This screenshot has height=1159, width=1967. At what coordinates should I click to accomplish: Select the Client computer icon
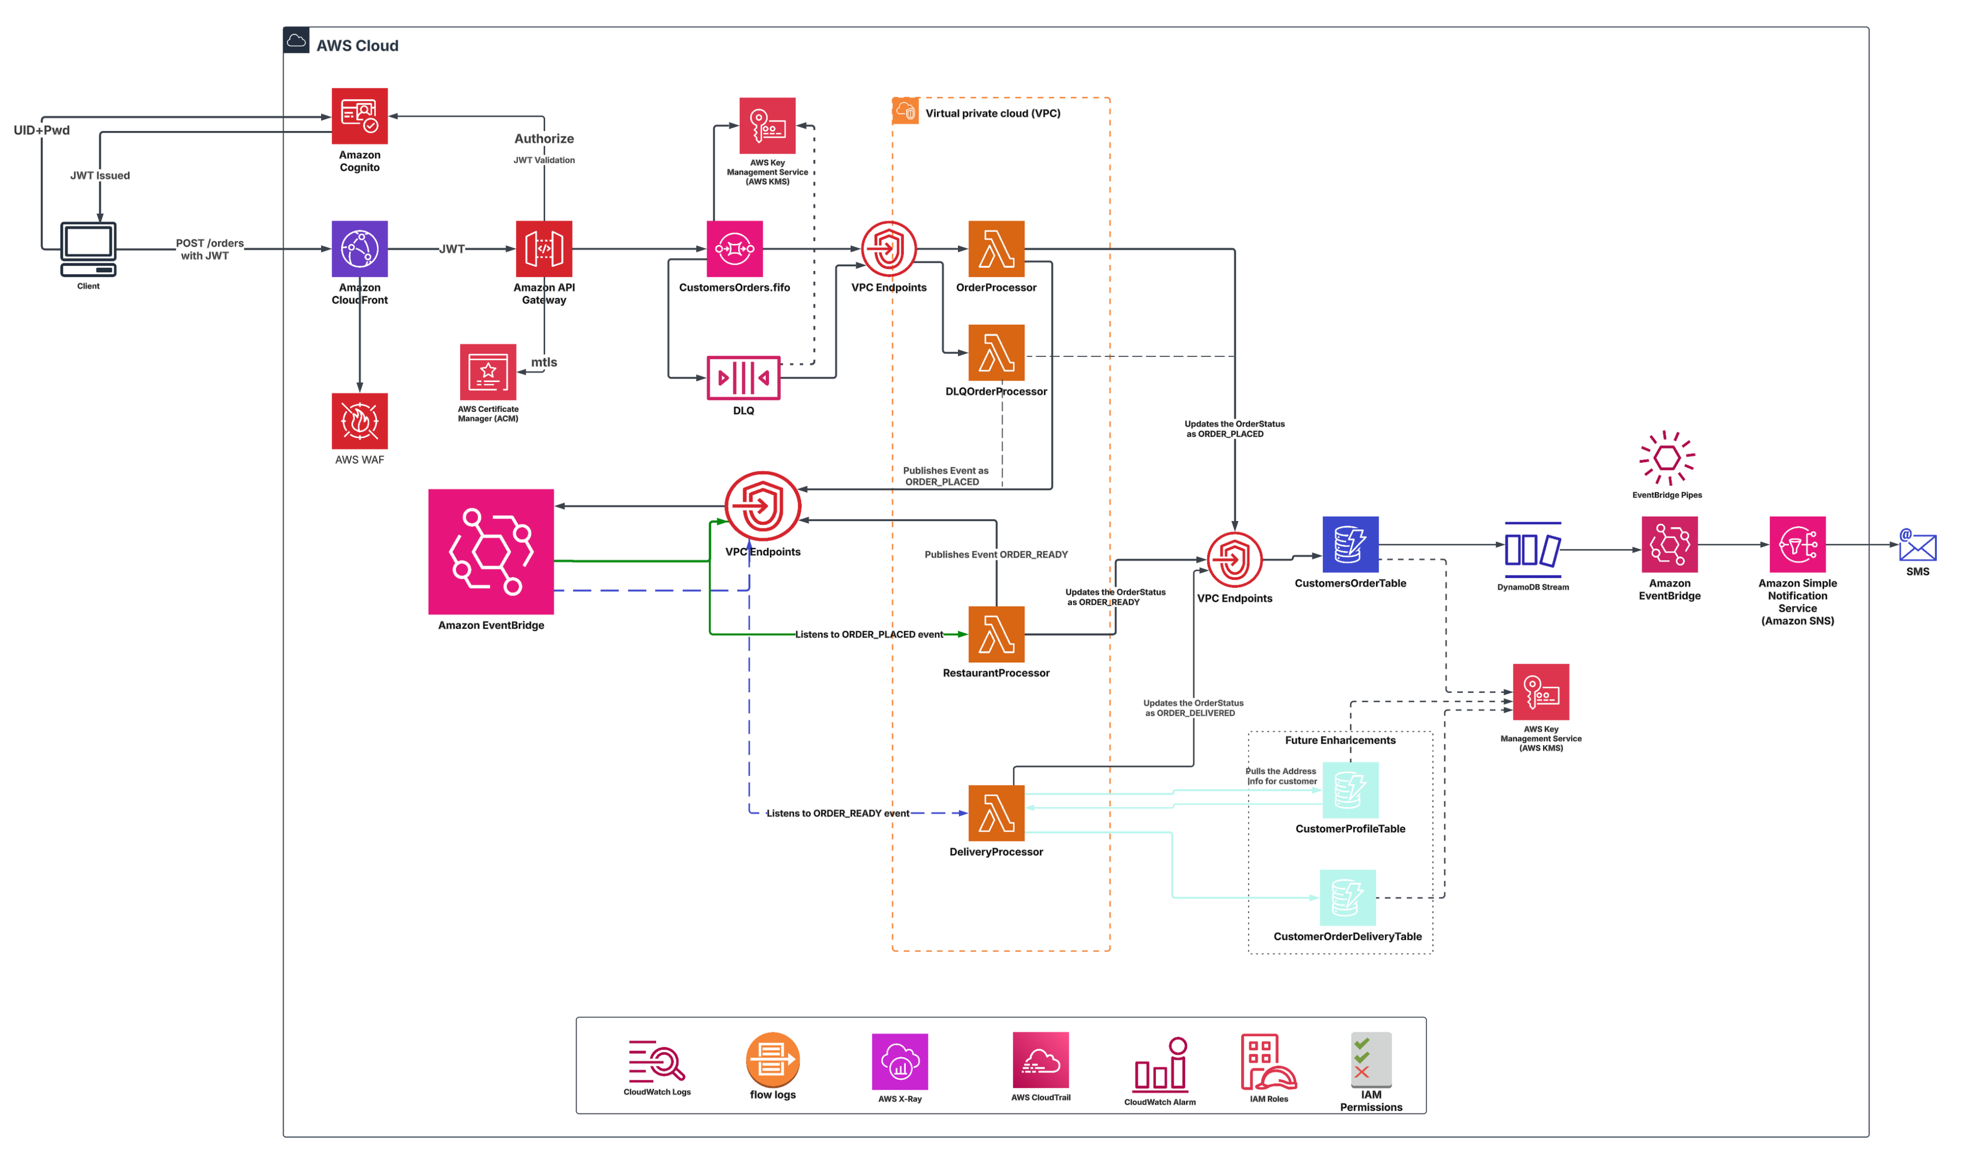[88, 248]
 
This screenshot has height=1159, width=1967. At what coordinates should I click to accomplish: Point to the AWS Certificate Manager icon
[488, 372]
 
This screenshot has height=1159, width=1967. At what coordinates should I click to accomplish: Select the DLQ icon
[743, 378]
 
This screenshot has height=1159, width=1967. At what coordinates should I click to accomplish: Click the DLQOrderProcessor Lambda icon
[996, 352]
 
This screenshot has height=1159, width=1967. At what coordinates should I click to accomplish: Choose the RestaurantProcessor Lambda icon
[996, 634]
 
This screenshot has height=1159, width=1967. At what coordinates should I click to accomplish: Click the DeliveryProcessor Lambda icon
[996, 813]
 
